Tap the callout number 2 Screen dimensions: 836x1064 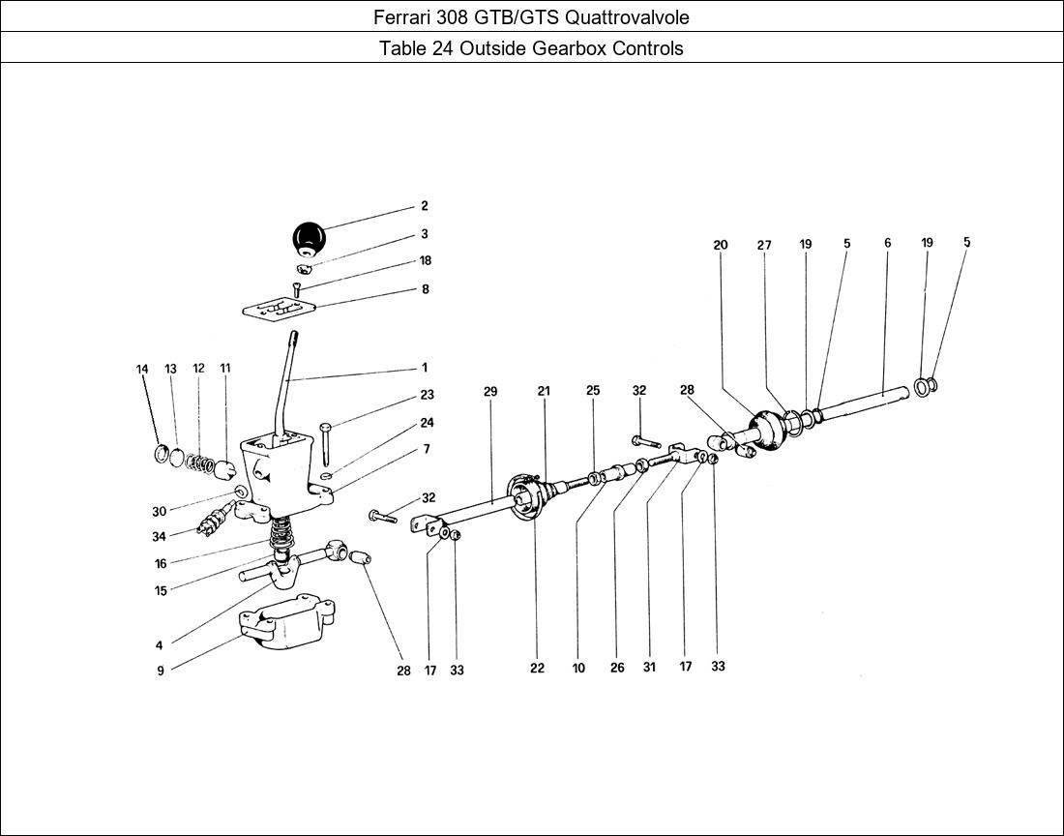tap(424, 206)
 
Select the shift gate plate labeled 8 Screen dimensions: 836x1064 tap(279, 309)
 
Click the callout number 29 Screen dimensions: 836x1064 tap(490, 392)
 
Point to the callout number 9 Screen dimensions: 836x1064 tap(161, 671)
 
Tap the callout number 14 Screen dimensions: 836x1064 tap(142, 369)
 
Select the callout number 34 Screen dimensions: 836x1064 tap(159, 537)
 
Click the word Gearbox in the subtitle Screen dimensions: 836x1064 tap(571, 48)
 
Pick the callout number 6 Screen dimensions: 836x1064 tap(887, 244)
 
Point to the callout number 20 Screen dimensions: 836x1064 tap(721, 246)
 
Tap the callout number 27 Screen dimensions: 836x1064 tap(764, 246)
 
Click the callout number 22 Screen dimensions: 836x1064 tap(537, 669)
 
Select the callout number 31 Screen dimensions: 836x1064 tap(648, 668)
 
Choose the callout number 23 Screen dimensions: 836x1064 tap(427, 395)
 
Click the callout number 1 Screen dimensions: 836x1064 tap(424, 368)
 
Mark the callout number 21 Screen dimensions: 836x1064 tap(544, 392)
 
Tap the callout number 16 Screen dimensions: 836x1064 tap(161, 564)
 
